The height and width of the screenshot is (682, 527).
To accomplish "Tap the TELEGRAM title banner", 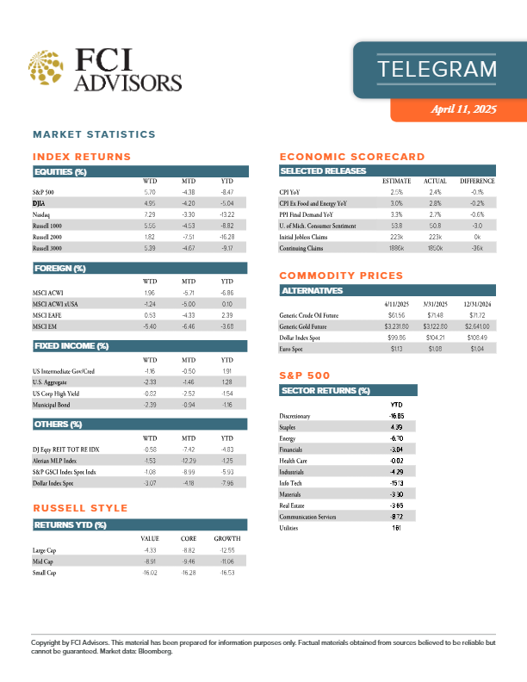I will [x=437, y=69].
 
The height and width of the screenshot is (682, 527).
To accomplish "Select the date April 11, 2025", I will [x=464, y=109].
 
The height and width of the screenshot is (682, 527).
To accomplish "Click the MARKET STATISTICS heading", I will [x=94, y=134].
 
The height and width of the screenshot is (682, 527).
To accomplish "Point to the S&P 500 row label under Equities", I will [x=43, y=191].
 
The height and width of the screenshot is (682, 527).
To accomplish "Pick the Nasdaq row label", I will [x=42, y=214].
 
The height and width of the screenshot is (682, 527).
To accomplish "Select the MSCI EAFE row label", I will [x=46, y=315].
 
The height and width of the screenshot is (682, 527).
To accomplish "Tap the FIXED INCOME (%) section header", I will [x=71, y=346].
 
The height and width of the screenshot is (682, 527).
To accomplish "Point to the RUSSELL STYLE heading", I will [x=80, y=508].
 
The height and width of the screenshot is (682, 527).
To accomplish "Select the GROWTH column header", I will [x=226, y=538].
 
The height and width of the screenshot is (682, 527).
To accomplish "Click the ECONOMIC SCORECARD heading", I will [x=352, y=157].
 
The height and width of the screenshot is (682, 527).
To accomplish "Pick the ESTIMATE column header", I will [x=396, y=181].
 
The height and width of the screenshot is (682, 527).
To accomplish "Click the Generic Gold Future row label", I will [x=307, y=326].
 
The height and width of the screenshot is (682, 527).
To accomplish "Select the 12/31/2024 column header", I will [x=476, y=304].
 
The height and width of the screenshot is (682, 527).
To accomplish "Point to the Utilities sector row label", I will [x=294, y=528].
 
